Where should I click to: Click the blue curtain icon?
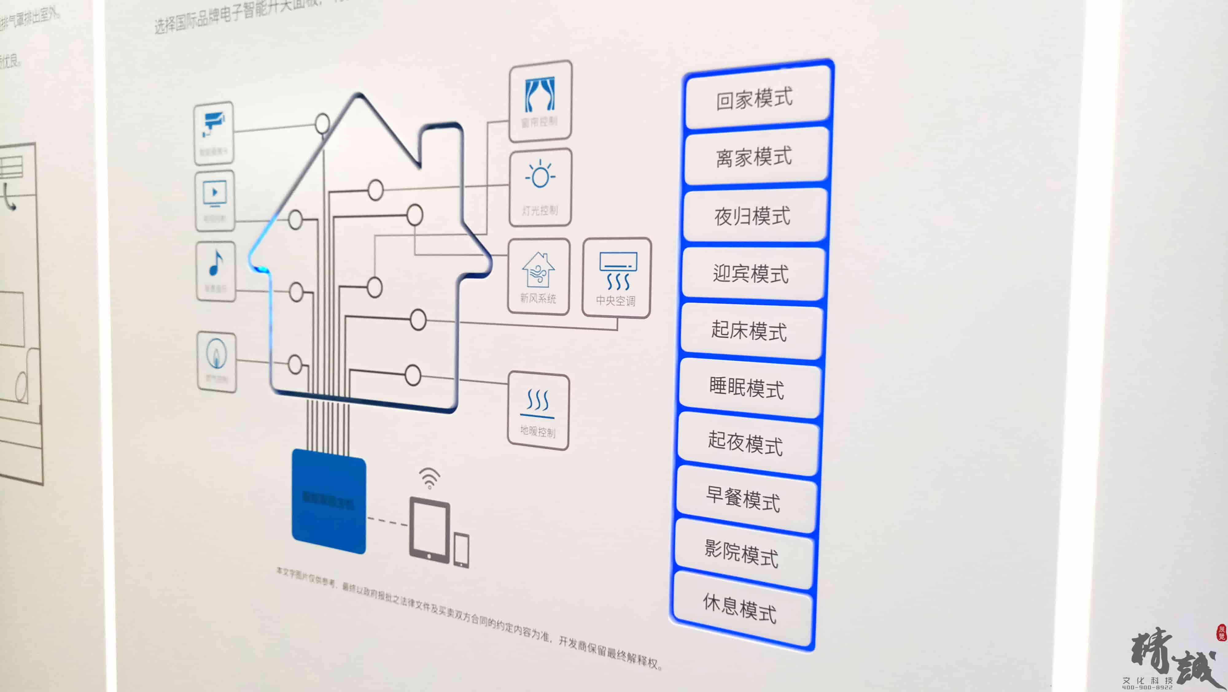click(540, 94)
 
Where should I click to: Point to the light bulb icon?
click(540, 176)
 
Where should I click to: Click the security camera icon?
click(213, 124)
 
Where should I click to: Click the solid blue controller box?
click(328, 501)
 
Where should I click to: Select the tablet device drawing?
click(429, 530)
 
